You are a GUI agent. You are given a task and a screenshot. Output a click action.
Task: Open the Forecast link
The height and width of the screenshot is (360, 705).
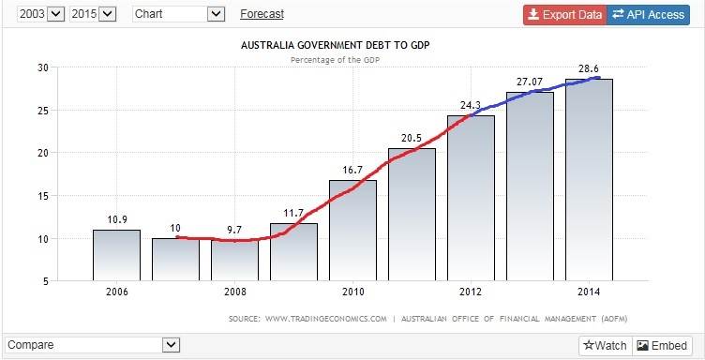point(262,14)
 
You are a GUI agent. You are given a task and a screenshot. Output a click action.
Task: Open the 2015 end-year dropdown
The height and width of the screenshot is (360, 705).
point(93,14)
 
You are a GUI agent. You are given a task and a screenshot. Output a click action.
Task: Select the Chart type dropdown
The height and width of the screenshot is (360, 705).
point(179,14)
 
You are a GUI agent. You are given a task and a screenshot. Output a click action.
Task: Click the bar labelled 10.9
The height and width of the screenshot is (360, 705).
point(116,254)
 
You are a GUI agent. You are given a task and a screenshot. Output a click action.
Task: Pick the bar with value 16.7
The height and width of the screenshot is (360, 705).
point(352,230)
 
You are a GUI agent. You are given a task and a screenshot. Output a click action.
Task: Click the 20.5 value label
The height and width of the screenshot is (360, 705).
point(412,138)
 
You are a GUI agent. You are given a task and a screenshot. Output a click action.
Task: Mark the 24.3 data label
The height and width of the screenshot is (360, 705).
point(471,105)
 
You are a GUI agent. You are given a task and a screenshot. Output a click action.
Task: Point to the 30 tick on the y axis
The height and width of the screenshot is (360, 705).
point(42,67)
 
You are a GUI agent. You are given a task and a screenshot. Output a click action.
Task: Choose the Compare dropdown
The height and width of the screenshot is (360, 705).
point(91,345)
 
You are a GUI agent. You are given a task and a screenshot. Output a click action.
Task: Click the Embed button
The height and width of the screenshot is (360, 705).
point(663,345)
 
